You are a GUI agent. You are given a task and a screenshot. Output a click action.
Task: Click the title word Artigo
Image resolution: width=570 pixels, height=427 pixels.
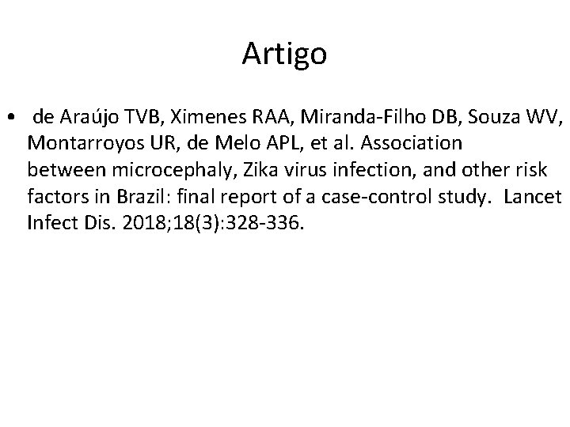pyautogui.click(x=284, y=54)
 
